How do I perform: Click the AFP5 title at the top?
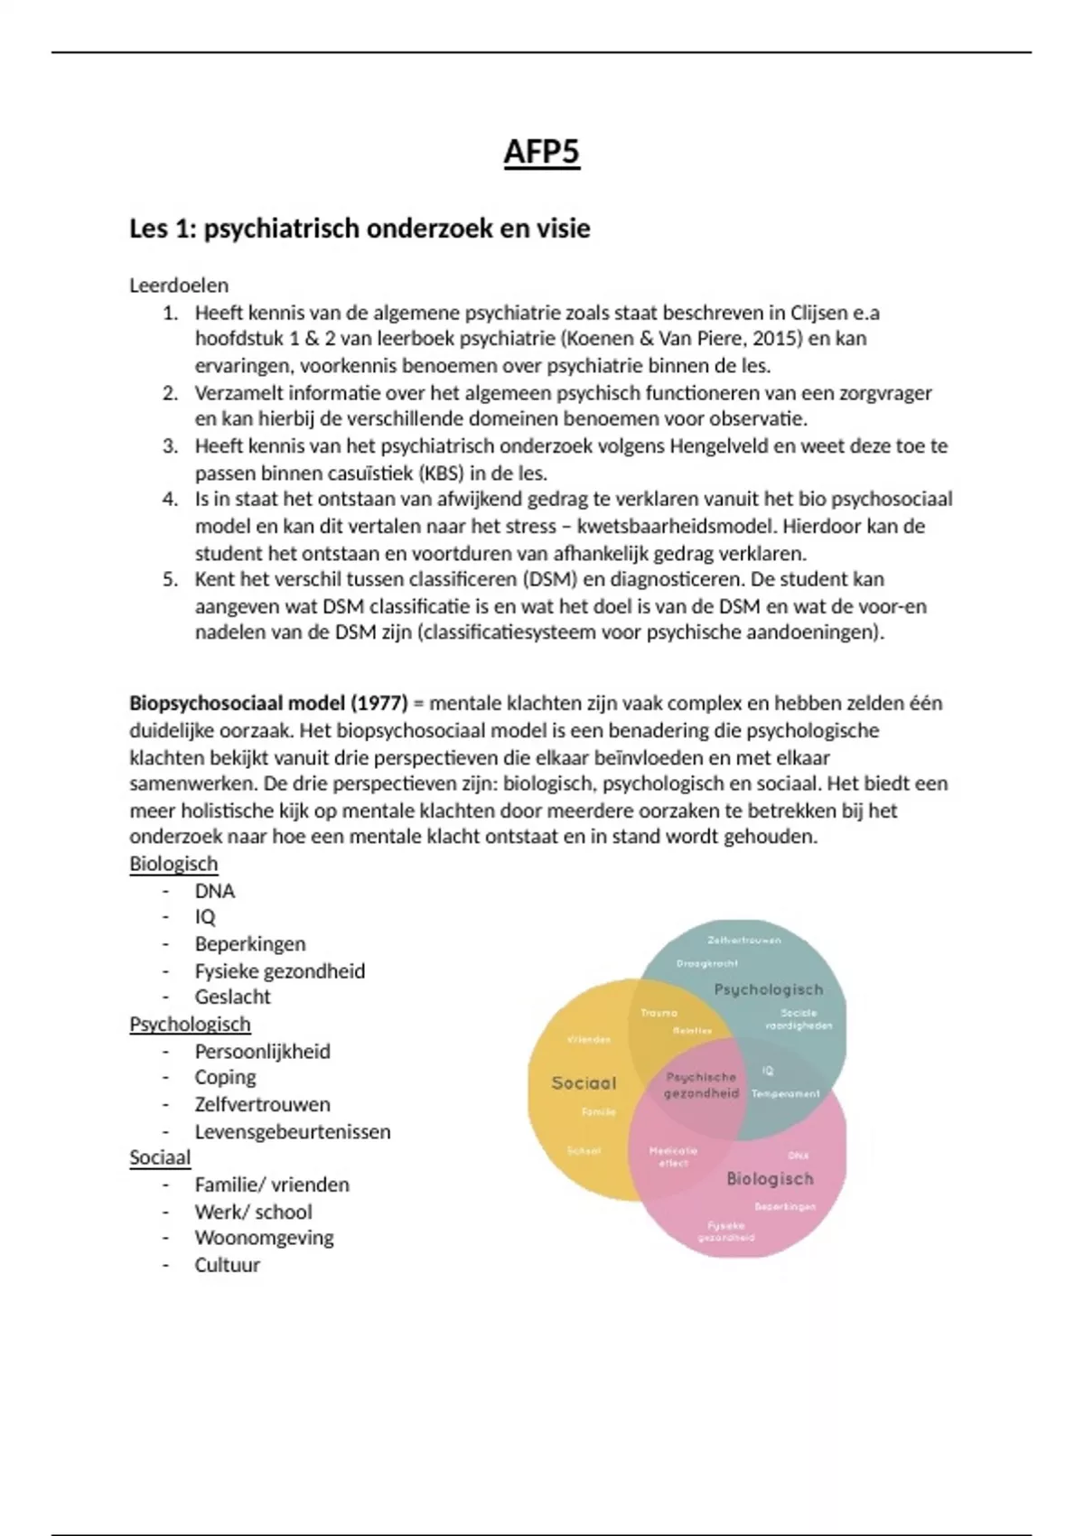[x=541, y=152]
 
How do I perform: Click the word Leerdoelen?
[x=179, y=286]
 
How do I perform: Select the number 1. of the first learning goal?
[x=170, y=313]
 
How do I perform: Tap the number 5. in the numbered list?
[x=170, y=579]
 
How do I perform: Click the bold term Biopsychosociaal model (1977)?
[x=268, y=703]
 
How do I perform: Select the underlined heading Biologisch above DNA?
[x=173, y=864]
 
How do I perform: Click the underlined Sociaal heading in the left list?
[x=160, y=1157]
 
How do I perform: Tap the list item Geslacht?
[x=232, y=997]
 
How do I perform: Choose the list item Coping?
[x=225, y=1077]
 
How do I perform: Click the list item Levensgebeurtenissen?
[x=293, y=1131]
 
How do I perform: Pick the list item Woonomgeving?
[x=264, y=1238]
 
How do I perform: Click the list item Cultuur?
[x=227, y=1265]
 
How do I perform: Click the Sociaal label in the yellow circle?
[x=584, y=1082]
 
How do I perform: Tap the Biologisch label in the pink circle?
[x=770, y=1178]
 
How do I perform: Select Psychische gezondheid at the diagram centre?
[x=701, y=1085]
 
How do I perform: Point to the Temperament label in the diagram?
[x=786, y=1094]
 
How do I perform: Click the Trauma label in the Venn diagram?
[x=659, y=1013]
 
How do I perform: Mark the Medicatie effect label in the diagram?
[x=673, y=1157]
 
